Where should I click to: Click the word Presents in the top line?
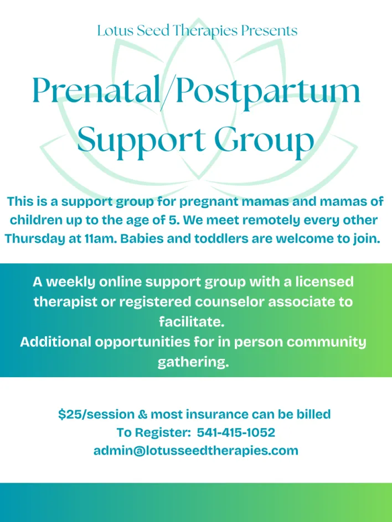(x=269, y=31)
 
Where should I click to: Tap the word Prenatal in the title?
(x=96, y=90)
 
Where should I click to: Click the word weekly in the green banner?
(x=71, y=282)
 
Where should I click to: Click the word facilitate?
(x=192, y=322)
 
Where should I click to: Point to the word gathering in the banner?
(x=193, y=362)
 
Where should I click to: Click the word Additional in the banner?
(x=56, y=342)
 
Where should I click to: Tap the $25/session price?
(x=96, y=414)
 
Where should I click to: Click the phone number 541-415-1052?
(x=236, y=432)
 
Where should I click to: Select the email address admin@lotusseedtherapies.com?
(x=196, y=451)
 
